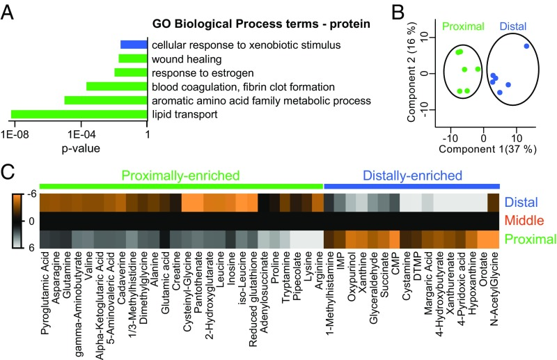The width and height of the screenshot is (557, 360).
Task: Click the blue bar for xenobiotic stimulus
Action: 134,45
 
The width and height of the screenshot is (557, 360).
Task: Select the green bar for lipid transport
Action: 79,114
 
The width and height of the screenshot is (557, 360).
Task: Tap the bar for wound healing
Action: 132,58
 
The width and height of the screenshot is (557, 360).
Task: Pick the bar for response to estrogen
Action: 131,72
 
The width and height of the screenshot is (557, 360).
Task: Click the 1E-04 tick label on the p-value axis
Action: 81,134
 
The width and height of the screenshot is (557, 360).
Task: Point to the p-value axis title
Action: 81,148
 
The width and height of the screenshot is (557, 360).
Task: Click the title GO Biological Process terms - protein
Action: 261,24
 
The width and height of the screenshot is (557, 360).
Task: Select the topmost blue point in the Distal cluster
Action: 526,46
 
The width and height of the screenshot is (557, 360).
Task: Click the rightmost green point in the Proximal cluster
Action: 478,69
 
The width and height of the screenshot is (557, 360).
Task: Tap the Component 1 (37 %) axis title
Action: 488,148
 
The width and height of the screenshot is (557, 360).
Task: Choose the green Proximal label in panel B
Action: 463,26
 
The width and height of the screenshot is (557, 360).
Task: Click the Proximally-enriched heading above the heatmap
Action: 180,175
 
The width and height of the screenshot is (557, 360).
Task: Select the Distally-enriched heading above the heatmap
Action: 412,175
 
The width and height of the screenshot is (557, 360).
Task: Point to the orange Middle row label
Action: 524,220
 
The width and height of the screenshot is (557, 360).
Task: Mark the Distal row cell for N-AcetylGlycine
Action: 494,203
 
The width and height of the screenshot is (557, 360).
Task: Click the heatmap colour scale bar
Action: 18,220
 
